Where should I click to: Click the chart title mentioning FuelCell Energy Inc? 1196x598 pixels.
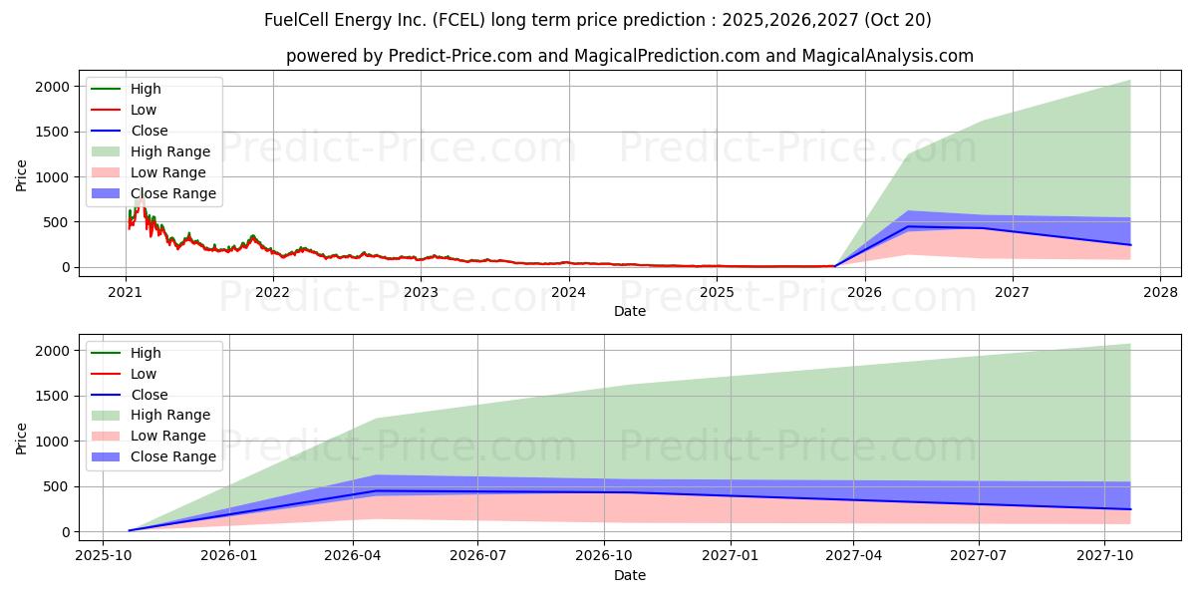[598, 20]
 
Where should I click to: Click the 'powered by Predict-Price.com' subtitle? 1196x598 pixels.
[629, 56]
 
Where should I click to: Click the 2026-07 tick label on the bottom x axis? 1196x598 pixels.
[478, 556]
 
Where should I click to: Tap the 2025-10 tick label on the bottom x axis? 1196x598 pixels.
[103, 556]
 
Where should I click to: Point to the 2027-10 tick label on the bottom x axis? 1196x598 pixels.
[1104, 556]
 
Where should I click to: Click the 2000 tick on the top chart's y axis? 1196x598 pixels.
[52, 87]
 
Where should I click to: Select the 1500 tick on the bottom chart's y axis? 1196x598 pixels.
[52, 396]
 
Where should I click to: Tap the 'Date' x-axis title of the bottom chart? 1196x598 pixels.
[629, 575]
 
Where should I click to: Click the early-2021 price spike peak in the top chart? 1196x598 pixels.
[139, 192]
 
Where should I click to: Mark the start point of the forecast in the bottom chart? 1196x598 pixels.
[130, 530]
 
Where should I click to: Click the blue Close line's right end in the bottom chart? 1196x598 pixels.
[1130, 509]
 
